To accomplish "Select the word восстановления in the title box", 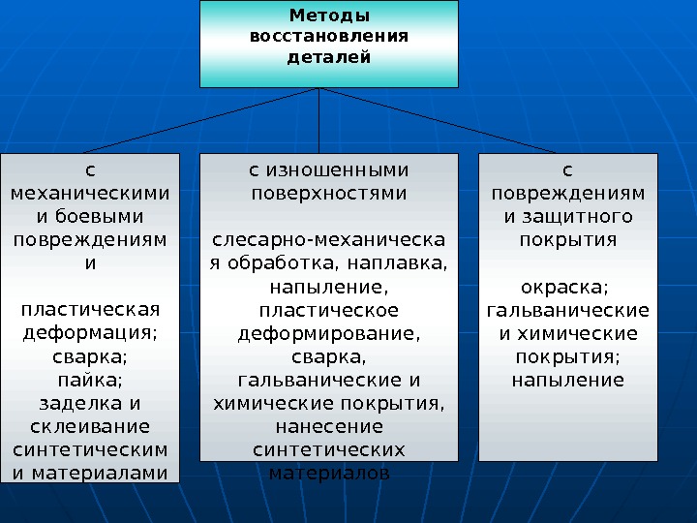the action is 329,36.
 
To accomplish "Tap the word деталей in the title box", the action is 329,57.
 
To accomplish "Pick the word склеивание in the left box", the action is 90,426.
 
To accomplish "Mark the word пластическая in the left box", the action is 90,309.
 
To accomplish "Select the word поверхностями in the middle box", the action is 329,193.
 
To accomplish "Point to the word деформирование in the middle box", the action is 329,332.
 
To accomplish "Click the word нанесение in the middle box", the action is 329,425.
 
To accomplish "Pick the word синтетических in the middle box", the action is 329,448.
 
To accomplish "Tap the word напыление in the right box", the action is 567,379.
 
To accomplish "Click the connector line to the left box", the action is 203,120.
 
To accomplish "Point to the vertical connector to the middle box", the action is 319,121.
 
